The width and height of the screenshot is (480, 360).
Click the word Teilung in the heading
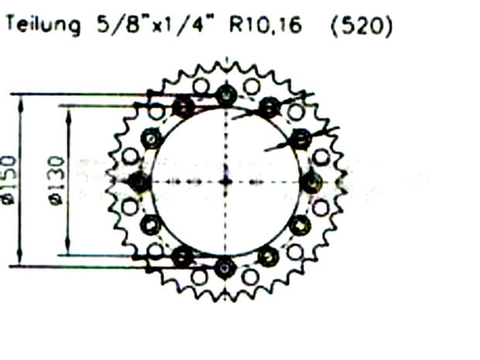43,26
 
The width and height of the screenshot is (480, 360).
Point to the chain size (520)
361,26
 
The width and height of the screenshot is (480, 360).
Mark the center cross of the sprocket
225,181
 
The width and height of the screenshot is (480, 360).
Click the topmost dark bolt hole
225,95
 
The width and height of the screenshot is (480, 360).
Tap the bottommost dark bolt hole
225,268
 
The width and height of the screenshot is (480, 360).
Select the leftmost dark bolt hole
139,182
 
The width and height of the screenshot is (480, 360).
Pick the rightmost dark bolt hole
311,182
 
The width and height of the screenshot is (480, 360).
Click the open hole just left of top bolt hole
201,86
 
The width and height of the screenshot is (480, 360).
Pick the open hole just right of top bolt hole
251,86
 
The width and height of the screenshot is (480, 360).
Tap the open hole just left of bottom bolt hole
199,276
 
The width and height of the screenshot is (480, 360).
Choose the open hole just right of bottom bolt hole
250,276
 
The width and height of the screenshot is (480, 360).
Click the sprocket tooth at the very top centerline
225,63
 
